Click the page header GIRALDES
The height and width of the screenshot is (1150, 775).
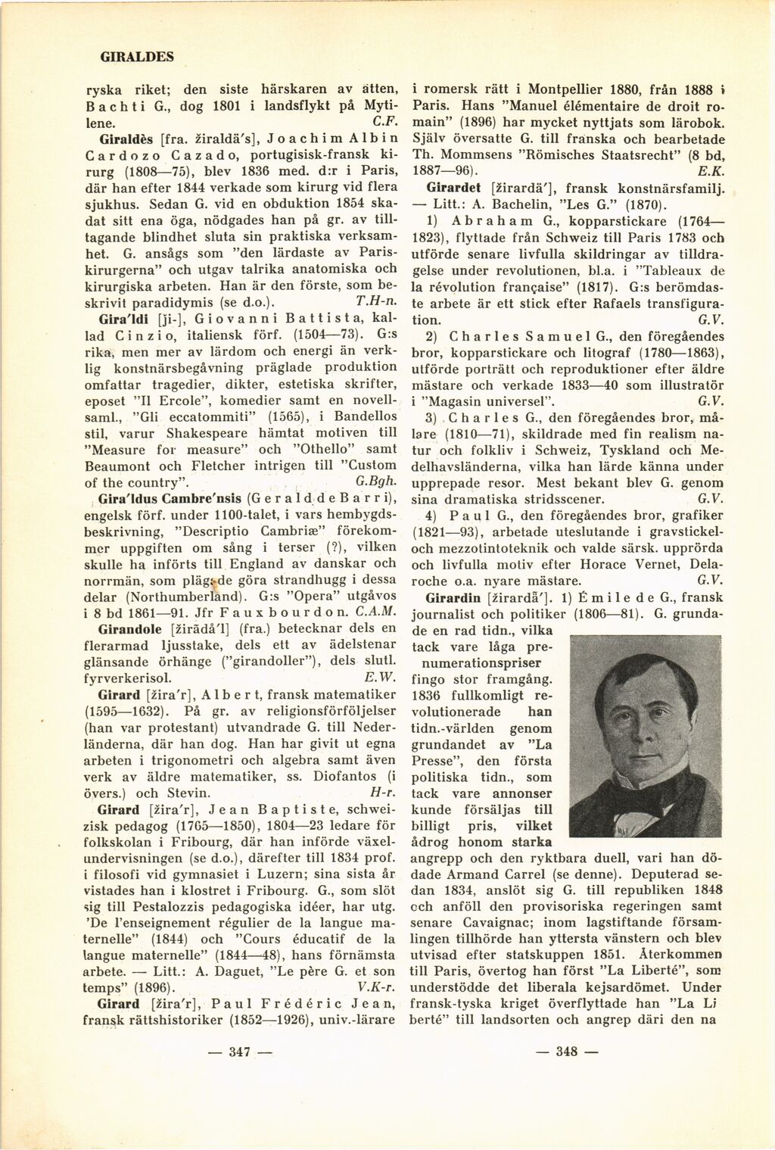(x=137, y=56)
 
